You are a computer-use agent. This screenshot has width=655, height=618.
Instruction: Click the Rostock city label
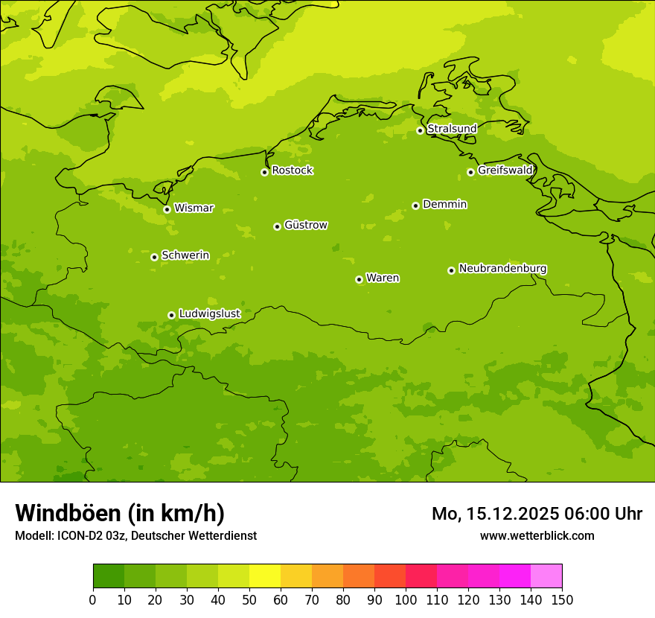click(x=292, y=171)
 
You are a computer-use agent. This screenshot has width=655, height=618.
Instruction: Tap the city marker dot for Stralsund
click(x=420, y=130)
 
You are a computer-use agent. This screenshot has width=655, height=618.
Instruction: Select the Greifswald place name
click(x=505, y=171)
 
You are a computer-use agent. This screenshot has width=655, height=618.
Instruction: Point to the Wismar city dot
click(x=167, y=209)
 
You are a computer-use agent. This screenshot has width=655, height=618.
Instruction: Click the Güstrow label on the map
click(x=305, y=225)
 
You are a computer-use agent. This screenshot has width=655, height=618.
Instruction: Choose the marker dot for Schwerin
click(x=154, y=257)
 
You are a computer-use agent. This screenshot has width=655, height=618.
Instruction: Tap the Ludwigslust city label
click(x=209, y=314)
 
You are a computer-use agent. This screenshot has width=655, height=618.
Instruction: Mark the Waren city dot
click(x=359, y=279)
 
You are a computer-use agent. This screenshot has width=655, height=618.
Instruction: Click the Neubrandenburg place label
click(x=502, y=269)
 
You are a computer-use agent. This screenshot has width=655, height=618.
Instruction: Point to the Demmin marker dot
click(x=415, y=206)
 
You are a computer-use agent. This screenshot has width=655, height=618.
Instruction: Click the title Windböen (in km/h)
click(x=120, y=513)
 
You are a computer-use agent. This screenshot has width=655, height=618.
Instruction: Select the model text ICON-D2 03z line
click(x=135, y=536)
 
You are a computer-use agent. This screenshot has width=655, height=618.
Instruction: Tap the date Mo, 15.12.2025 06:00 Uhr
click(x=537, y=514)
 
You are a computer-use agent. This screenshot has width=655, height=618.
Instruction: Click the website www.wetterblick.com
click(x=537, y=536)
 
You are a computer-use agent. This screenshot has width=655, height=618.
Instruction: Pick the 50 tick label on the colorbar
click(x=249, y=600)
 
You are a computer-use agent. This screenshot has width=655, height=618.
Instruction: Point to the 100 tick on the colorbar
click(x=406, y=600)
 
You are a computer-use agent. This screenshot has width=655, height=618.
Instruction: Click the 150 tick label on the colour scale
click(x=562, y=600)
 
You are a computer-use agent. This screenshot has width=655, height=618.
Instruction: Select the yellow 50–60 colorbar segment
click(x=265, y=576)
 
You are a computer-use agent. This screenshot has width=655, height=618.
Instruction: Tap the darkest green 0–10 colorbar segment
click(x=109, y=576)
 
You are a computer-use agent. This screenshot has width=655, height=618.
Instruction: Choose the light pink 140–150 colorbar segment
click(x=546, y=576)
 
